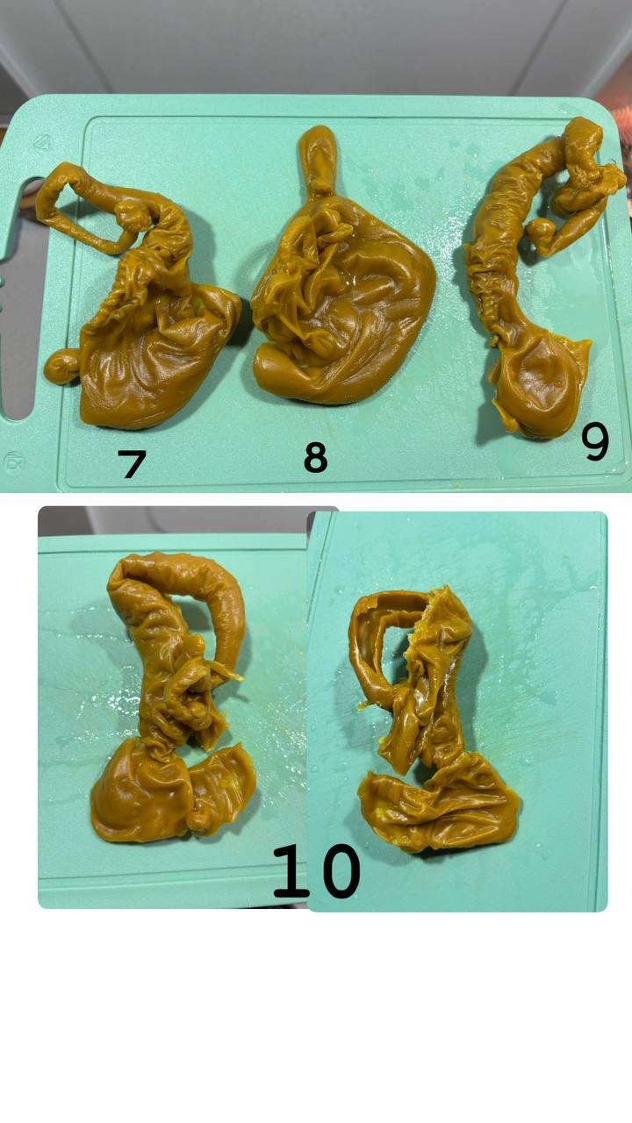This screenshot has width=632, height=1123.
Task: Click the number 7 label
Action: click(x=132, y=463)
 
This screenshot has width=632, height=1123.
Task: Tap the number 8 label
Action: click(x=316, y=457)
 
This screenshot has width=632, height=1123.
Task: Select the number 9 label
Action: click(x=595, y=441)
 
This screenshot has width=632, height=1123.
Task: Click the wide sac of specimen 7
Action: click(x=155, y=361)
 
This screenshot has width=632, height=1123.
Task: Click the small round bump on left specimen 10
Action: click(x=199, y=820)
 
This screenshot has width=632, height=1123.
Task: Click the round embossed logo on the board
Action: click(x=13, y=462)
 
